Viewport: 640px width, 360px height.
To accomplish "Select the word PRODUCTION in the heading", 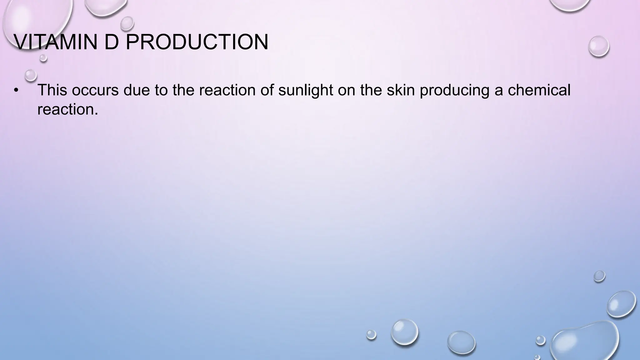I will tap(197, 42).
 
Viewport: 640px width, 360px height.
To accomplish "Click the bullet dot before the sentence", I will tap(16, 91).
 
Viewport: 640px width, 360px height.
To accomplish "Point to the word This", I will tap(52, 90).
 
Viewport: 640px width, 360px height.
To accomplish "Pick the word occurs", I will tap(95, 90).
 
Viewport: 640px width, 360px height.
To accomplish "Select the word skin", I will tap(400, 90).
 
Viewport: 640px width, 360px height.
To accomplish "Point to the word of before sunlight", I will tap(268, 90).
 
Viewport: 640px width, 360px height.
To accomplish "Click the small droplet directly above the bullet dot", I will tap(31, 75).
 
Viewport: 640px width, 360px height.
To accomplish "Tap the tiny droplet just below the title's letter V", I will tap(43, 58).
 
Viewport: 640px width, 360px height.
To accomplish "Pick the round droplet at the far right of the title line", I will tap(598, 46).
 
